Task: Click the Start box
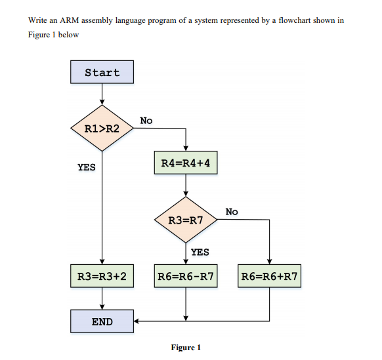(x=102, y=72)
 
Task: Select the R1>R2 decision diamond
(x=102, y=128)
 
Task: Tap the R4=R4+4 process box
(x=186, y=163)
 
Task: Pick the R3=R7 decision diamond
(x=186, y=220)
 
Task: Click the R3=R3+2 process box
(x=102, y=276)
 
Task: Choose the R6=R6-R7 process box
(x=186, y=276)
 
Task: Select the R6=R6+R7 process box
(x=269, y=276)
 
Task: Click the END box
(x=102, y=321)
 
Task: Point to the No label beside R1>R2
(x=146, y=121)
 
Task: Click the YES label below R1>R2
(x=86, y=167)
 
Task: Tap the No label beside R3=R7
(x=231, y=212)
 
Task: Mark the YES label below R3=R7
(x=200, y=252)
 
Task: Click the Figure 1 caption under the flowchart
(x=186, y=348)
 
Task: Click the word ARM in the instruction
(x=69, y=20)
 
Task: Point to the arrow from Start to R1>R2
(x=102, y=94)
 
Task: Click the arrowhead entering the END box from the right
(x=138, y=321)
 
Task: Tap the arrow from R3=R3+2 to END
(x=102, y=298)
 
